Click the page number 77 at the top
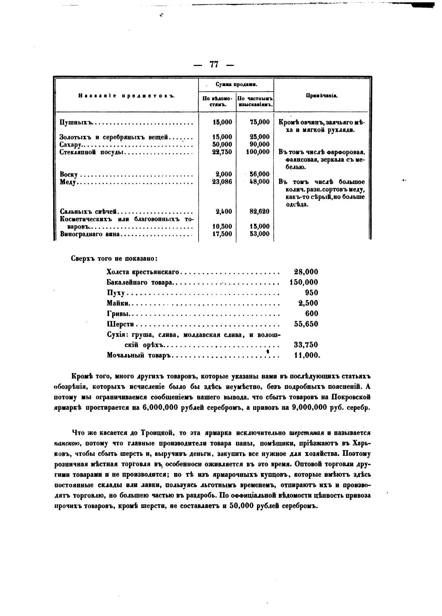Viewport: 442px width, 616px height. (214, 65)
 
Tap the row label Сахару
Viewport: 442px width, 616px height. (69, 145)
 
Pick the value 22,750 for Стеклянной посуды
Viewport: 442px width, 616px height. (222, 152)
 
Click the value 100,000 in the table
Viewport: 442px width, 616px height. (257, 152)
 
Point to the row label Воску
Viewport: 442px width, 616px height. (69, 174)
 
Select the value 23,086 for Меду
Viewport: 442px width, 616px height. (222, 182)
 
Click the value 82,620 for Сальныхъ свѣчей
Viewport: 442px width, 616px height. (259, 211)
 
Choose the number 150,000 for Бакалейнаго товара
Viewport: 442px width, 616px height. (304, 282)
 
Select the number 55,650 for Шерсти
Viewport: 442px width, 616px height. (306, 324)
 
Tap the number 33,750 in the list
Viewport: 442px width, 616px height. (306, 345)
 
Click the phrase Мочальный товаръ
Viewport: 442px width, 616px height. (139, 355)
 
